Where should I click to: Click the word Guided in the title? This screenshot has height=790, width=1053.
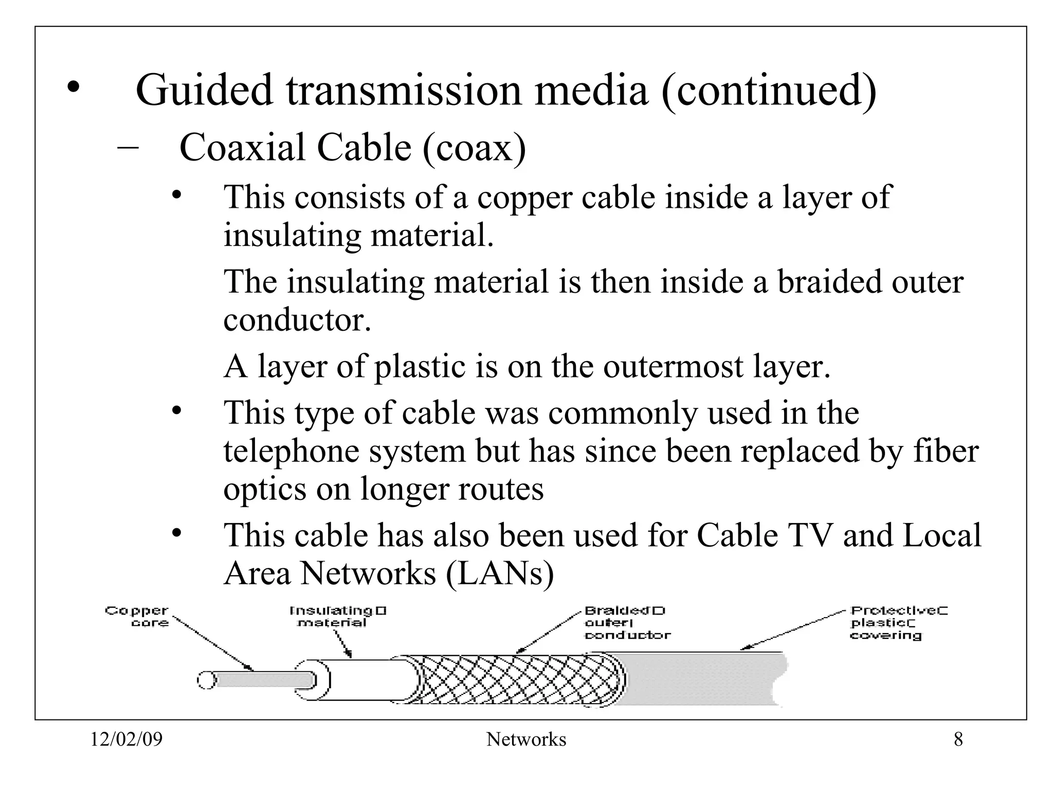click(204, 91)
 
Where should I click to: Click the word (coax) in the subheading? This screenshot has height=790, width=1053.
click(474, 148)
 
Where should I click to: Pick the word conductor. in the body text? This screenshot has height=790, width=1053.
click(297, 320)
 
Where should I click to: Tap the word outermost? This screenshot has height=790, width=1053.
click(674, 366)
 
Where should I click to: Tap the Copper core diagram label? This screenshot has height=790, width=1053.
click(137, 617)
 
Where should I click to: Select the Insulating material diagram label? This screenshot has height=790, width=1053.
click(337, 617)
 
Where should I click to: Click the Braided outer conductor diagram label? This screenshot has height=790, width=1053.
click(627, 623)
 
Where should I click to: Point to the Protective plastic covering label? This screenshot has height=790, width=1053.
click(898, 623)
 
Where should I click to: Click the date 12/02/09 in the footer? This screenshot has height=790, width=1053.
click(126, 740)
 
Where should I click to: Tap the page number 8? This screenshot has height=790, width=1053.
click(958, 740)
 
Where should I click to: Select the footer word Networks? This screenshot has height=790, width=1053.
click(526, 740)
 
